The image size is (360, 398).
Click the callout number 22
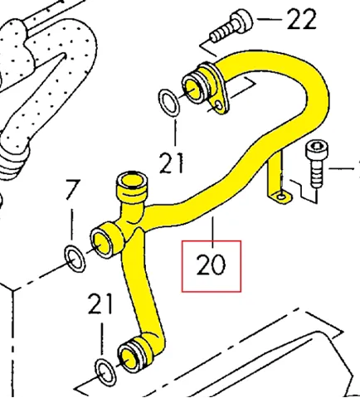(302, 19)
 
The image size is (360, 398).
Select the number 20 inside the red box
(211, 265)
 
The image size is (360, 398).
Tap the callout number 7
(73, 190)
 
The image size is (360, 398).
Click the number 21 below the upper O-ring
(171, 163)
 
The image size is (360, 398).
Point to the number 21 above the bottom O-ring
(100, 303)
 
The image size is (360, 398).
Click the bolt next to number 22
(231, 27)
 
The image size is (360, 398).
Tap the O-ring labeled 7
(75, 258)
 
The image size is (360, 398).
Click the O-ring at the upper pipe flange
(168, 103)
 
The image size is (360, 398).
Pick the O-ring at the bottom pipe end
(105, 372)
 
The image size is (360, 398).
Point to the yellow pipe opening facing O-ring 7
(101, 242)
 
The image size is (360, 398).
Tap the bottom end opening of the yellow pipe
(129, 357)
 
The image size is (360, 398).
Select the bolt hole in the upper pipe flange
(218, 105)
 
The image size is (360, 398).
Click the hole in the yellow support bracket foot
(281, 197)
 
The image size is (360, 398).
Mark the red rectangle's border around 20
(182, 266)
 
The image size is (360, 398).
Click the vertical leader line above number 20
(212, 232)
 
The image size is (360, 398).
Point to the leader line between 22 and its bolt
(270, 19)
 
